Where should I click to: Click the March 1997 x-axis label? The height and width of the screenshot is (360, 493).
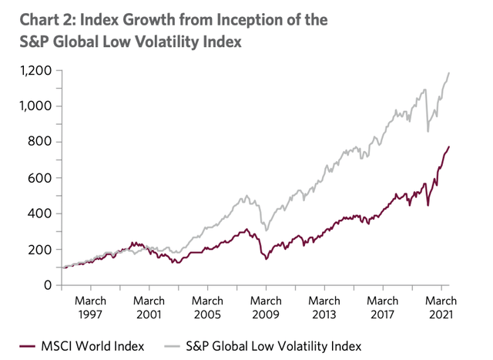tap(91, 307)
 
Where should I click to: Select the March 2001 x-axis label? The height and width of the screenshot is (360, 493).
tap(149, 307)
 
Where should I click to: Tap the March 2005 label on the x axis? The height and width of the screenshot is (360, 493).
tap(208, 307)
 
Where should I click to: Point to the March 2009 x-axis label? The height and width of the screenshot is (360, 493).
tap(267, 307)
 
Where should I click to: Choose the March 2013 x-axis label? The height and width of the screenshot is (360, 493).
tap(324, 307)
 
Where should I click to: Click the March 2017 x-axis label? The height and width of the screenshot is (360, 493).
tap(383, 307)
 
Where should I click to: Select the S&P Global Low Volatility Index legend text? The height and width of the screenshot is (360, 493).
tap(271, 345)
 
